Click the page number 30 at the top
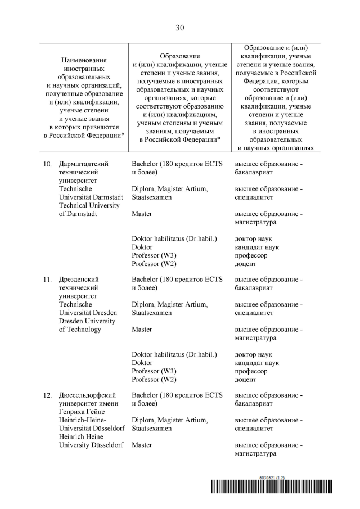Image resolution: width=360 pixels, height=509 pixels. point(180,27)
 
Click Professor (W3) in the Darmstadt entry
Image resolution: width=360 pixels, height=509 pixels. point(154,255)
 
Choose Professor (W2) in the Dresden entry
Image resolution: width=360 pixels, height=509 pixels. point(154,380)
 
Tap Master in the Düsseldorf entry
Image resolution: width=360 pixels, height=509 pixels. point(142,445)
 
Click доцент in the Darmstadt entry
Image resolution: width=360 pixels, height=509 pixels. point(246,264)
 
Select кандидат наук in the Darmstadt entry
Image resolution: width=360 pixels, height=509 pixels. point(256,247)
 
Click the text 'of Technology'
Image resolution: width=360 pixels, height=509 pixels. point(80,329)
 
